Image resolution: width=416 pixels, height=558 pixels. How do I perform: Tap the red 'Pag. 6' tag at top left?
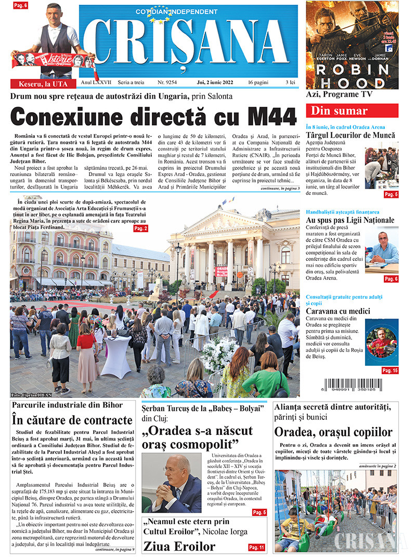(x=20, y=5)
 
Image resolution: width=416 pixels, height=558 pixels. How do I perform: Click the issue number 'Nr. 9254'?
(x=167, y=83)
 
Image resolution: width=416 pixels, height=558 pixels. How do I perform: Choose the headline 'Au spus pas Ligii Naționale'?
(x=350, y=220)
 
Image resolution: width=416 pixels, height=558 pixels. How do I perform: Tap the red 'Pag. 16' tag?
(x=389, y=370)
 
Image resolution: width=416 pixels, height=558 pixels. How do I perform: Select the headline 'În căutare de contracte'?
(x=72, y=420)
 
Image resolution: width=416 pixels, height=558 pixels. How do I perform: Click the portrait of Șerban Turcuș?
(x=172, y=484)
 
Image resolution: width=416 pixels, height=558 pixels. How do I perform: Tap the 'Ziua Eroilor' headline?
(x=179, y=546)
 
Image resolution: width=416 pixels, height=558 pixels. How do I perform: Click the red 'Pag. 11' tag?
(x=256, y=548)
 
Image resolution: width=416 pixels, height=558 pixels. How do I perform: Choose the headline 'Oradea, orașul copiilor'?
(x=333, y=432)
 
